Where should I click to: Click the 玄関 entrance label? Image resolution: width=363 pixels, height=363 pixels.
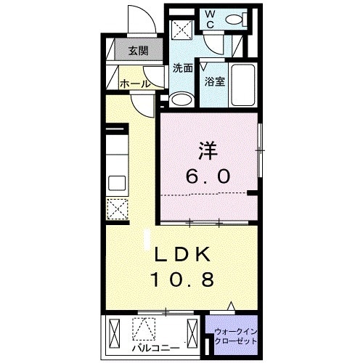click(x=138, y=51)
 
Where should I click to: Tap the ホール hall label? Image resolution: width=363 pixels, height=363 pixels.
click(x=135, y=84)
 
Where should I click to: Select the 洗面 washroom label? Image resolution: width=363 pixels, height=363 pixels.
click(x=182, y=69)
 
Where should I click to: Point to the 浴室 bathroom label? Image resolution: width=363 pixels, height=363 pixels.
click(x=214, y=81)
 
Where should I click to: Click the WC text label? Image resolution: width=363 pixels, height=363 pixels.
click(x=208, y=19)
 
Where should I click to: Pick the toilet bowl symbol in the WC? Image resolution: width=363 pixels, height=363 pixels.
click(x=233, y=23)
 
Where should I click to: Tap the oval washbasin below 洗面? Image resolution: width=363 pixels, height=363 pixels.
click(x=179, y=99)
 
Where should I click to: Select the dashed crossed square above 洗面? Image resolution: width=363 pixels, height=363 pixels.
click(x=181, y=30)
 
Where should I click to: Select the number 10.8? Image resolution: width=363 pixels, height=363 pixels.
click(x=183, y=279)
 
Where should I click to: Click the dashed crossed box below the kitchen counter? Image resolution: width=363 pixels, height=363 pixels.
click(x=118, y=209)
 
